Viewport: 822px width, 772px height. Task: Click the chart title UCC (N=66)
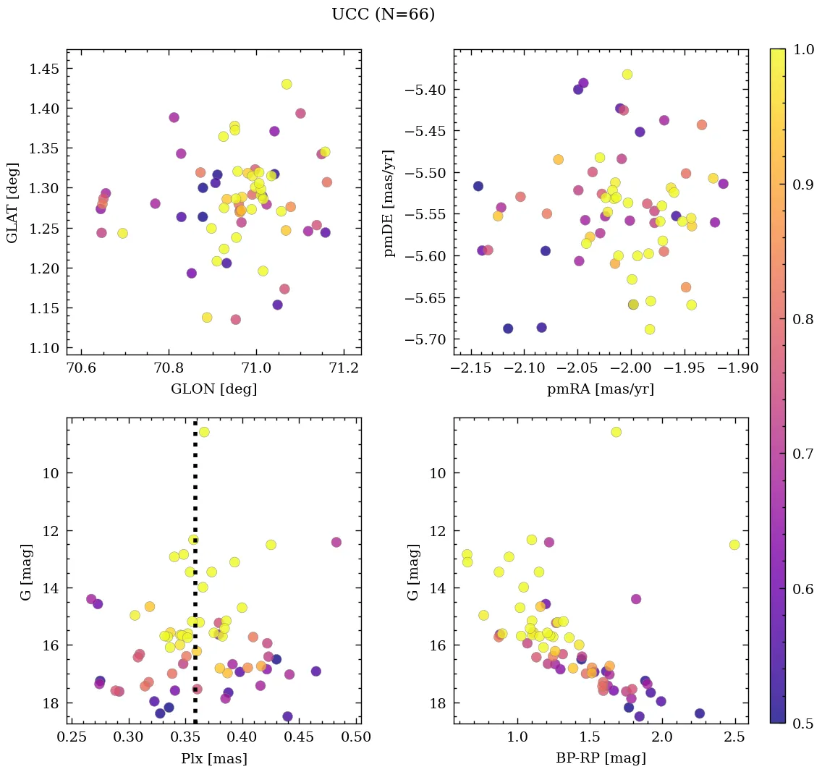(383, 14)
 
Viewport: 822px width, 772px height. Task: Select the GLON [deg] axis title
(213, 389)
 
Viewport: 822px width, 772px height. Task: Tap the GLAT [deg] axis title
(12, 203)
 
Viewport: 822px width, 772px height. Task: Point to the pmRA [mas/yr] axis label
(601, 389)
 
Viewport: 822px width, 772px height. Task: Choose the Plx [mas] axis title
(213, 758)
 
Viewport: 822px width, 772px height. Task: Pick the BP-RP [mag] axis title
(601, 758)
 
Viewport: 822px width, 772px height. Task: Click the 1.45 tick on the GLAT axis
(44, 69)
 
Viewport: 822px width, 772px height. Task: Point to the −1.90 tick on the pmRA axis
(739, 368)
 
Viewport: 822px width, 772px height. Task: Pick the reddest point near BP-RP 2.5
(734, 544)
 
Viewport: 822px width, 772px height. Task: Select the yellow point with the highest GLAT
(287, 85)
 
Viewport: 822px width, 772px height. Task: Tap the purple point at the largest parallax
(336, 542)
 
